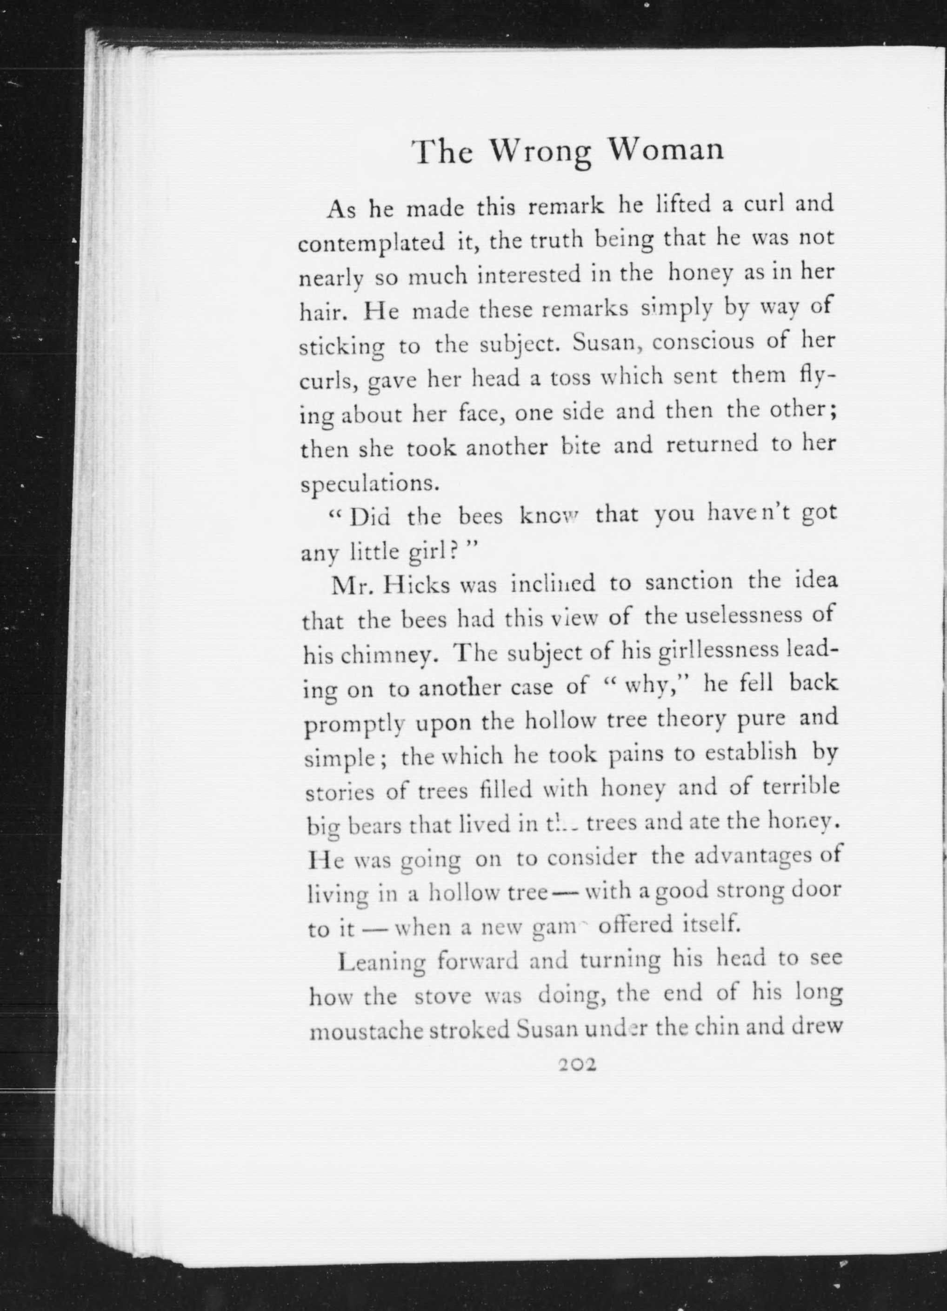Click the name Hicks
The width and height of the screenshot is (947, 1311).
pos(416,585)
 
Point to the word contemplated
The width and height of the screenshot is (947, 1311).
pos(371,243)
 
